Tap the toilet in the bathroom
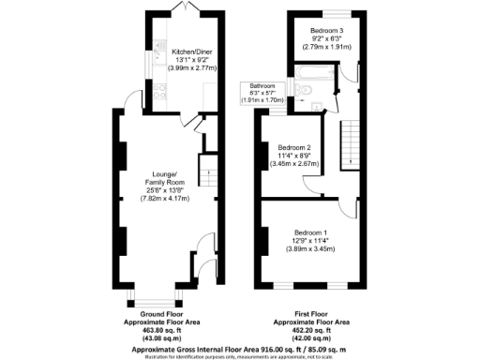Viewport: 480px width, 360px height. (306, 89)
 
